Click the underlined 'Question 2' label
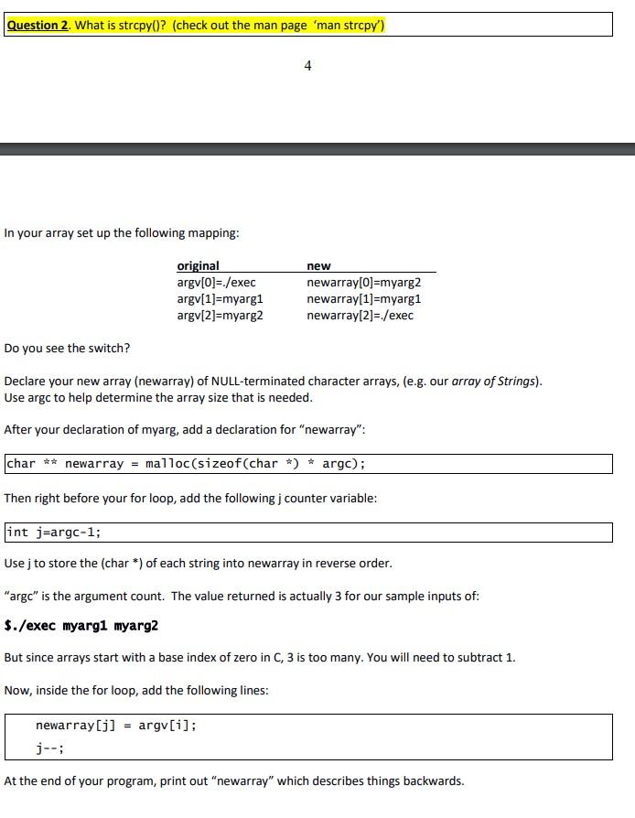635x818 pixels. [38, 25]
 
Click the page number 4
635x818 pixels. [307, 65]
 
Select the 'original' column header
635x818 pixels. [198, 265]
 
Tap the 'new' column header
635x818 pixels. [318, 265]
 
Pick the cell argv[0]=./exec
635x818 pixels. [216, 282]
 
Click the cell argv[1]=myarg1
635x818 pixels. [220, 298]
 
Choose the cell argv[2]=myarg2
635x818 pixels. [220, 315]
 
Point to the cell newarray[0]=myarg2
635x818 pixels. [363, 282]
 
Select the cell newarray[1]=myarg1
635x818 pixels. [363, 298]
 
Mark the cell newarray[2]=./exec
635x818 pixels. [360, 315]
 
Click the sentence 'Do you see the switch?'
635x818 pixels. [67, 348]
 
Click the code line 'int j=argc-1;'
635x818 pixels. [54, 533]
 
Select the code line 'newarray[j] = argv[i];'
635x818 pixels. [115, 726]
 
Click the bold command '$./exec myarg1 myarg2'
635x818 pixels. [81, 626]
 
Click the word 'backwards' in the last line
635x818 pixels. [432, 780]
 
